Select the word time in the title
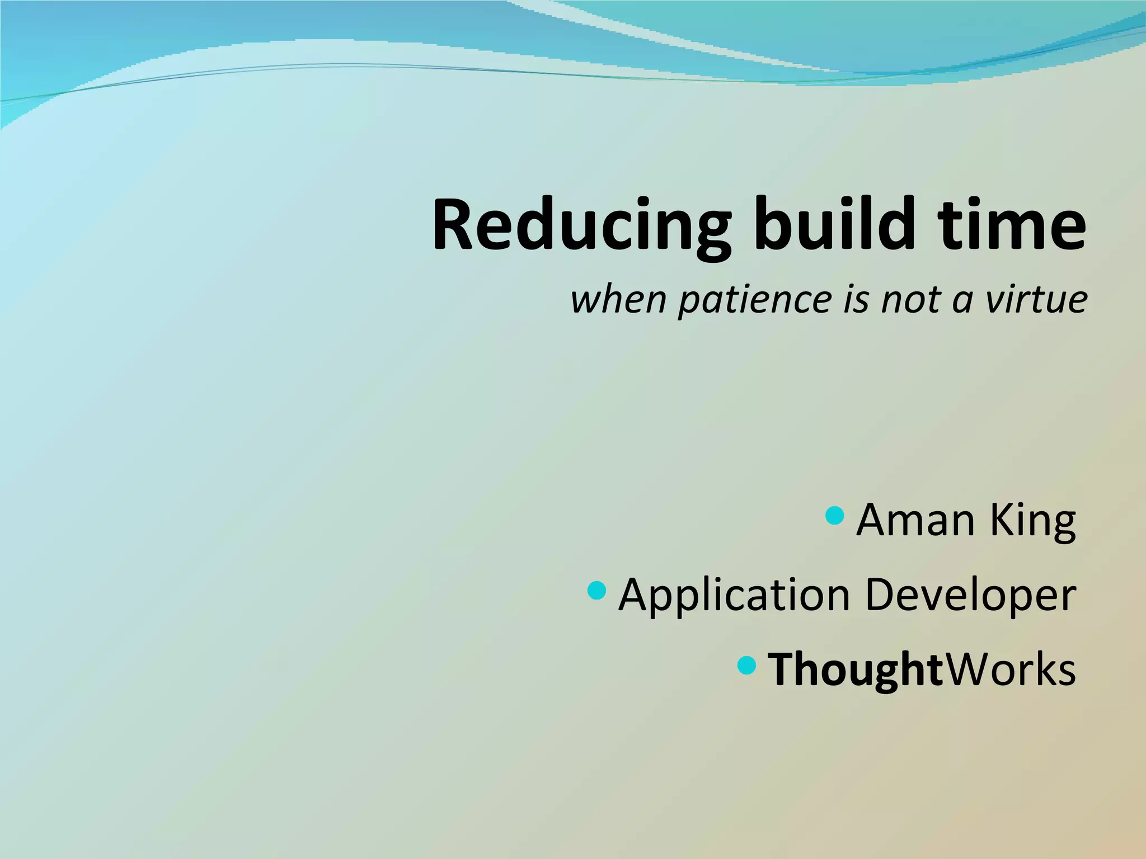(1012, 225)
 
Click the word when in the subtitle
(618, 300)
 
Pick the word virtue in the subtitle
(1036, 300)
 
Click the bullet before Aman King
(834, 516)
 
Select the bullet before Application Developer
(597, 590)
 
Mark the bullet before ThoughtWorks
(746, 665)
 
